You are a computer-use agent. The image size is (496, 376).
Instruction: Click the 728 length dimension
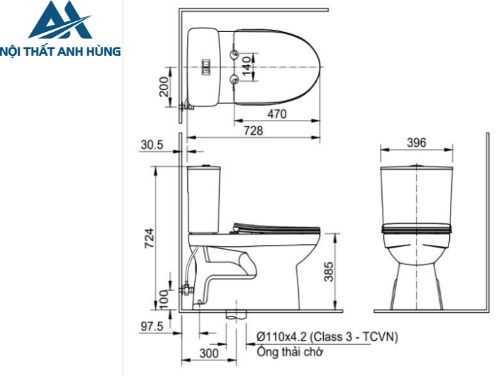tap(253, 130)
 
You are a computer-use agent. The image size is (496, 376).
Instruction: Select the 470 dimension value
tap(276, 114)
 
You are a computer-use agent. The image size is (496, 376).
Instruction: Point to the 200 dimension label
tap(163, 87)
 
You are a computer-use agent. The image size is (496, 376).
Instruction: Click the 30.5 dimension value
tap(152, 145)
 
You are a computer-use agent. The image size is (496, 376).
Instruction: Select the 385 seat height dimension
tap(328, 270)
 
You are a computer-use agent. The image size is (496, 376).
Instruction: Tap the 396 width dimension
tap(417, 143)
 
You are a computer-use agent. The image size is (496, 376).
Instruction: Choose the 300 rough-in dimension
tap(208, 353)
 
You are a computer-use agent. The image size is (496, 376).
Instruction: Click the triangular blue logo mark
tap(60, 21)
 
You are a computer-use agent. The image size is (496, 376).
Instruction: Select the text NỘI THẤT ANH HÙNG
tap(61, 51)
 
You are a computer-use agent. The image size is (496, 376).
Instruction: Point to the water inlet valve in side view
tap(186, 287)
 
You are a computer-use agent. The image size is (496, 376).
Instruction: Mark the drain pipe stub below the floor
tap(233, 314)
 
